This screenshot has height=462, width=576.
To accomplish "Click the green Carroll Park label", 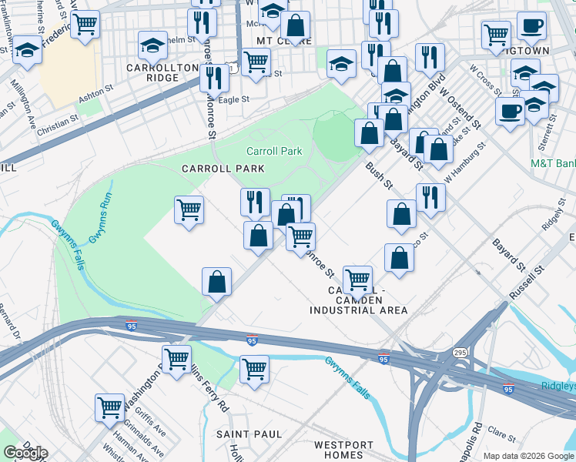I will click(x=274, y=151).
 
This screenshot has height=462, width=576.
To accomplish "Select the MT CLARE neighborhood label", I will click(x=284, y=40).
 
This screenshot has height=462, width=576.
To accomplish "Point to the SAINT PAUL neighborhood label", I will click(x=249, y=434).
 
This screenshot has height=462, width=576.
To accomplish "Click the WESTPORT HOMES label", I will click(x=344, y=450).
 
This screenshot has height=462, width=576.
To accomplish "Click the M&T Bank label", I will click(x=553, y=163).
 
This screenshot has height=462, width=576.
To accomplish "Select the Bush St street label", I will click(x=379, y=176).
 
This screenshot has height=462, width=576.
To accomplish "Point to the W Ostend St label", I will click(x=465, y=110).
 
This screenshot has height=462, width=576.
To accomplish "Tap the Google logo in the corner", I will click(x=25, y=453).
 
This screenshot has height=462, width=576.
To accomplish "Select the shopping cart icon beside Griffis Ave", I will click(x=109, y=406).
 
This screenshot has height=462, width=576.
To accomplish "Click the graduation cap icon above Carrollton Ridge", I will click(x=152, y=45).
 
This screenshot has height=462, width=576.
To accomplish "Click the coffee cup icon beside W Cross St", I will click(x=510, y=110).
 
